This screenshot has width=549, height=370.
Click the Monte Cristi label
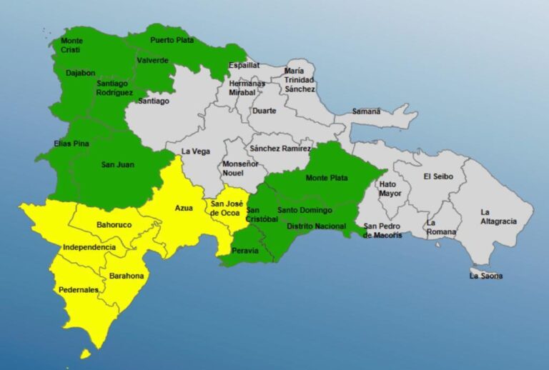click(x=71, y=45)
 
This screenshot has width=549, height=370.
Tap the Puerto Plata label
click(x=172, y=40)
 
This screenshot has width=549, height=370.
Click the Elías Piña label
click(x=71, y=144)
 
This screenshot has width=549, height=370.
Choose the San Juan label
click(x=117, y=165)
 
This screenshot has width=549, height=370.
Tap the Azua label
click(x=184, y=208)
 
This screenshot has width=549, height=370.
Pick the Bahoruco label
click(x=114, y=225)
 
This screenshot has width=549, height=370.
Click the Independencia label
click(x=89, y=247)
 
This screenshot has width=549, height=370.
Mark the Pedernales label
click(x=79, y=290)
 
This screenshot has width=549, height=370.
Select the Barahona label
click(x=127, y=276)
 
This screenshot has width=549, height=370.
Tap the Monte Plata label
click(x=325, y=178)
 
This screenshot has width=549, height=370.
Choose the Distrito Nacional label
click(x=315, y=226)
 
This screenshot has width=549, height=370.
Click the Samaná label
click(x=367, y=111)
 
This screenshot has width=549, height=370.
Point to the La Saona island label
click(x=485, y=276)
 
